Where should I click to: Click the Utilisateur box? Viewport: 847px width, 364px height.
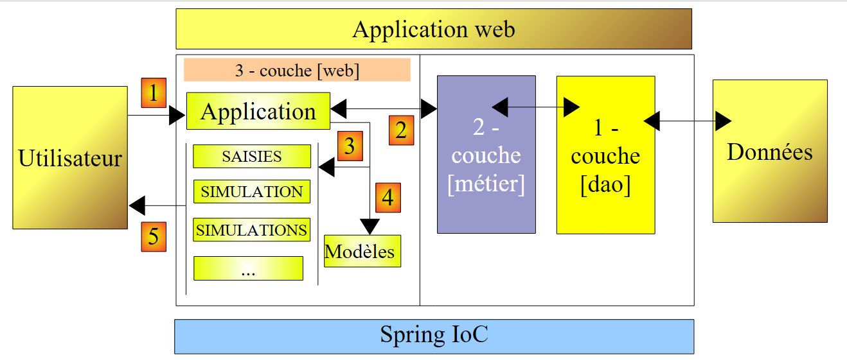(70, 157)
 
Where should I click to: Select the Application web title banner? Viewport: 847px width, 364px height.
(434, 29)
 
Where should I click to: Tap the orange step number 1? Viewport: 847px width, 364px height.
(154, 93)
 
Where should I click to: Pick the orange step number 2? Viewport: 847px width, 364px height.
(401, 130)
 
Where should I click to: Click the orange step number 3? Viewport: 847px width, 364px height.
(349, 146)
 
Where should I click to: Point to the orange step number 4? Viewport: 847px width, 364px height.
(388, 198)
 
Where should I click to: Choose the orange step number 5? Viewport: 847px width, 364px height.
(154, 236)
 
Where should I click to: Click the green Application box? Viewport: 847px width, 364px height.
(258, 111)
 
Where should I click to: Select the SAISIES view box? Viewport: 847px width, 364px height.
(252, 156)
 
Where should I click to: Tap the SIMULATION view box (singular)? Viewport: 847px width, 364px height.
(252, 191)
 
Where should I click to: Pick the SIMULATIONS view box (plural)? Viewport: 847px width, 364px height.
(251, 229)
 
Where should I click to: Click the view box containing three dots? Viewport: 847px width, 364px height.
(248, 268)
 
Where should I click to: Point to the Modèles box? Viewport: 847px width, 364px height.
(362, 251)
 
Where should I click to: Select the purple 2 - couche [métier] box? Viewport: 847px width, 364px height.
(486, 155)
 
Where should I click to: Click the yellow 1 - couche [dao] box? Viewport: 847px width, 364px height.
(605, 155)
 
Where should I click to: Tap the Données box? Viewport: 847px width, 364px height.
(770, 152)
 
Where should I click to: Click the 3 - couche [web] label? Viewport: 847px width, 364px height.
(297, 70)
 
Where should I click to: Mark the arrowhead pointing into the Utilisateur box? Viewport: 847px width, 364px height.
(137, 206)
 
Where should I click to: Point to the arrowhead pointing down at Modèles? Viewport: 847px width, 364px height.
(370, 227)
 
